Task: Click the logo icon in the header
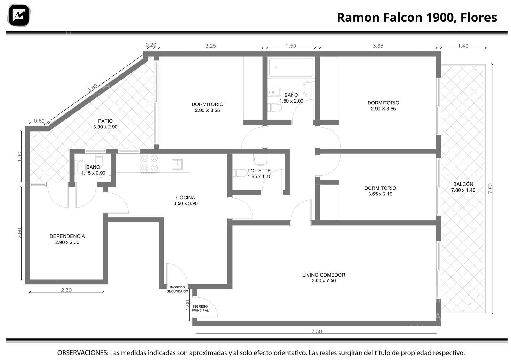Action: [x=19, y=15]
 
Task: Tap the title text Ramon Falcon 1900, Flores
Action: [x=417, y=17]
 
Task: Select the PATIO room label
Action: [x=105, y=121]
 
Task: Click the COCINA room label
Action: [x=186, y=197]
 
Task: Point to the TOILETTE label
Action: [x=259, y=171]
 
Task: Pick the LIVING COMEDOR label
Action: [x=324, y=275]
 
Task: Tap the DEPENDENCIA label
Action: [x=67, y=236]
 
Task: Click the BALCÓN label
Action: [x=463, y=184]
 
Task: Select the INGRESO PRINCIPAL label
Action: [x=200, y=309]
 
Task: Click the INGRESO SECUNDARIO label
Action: [x=177, y=289]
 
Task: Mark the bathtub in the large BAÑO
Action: [x=291, y=67]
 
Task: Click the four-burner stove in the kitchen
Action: [x=150, y=163]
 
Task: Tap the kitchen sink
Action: [x=177, y=164]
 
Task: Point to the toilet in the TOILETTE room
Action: [x=240, y=173]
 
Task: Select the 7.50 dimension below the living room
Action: [x=317, y=331]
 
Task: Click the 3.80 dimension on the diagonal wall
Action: [x=93, y=88]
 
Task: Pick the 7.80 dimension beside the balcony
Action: [x=490, y=189]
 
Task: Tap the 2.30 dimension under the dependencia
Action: [x=66, y=290]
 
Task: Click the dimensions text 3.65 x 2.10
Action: [x=380, y=194]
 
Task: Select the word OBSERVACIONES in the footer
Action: [x=83, y=353]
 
